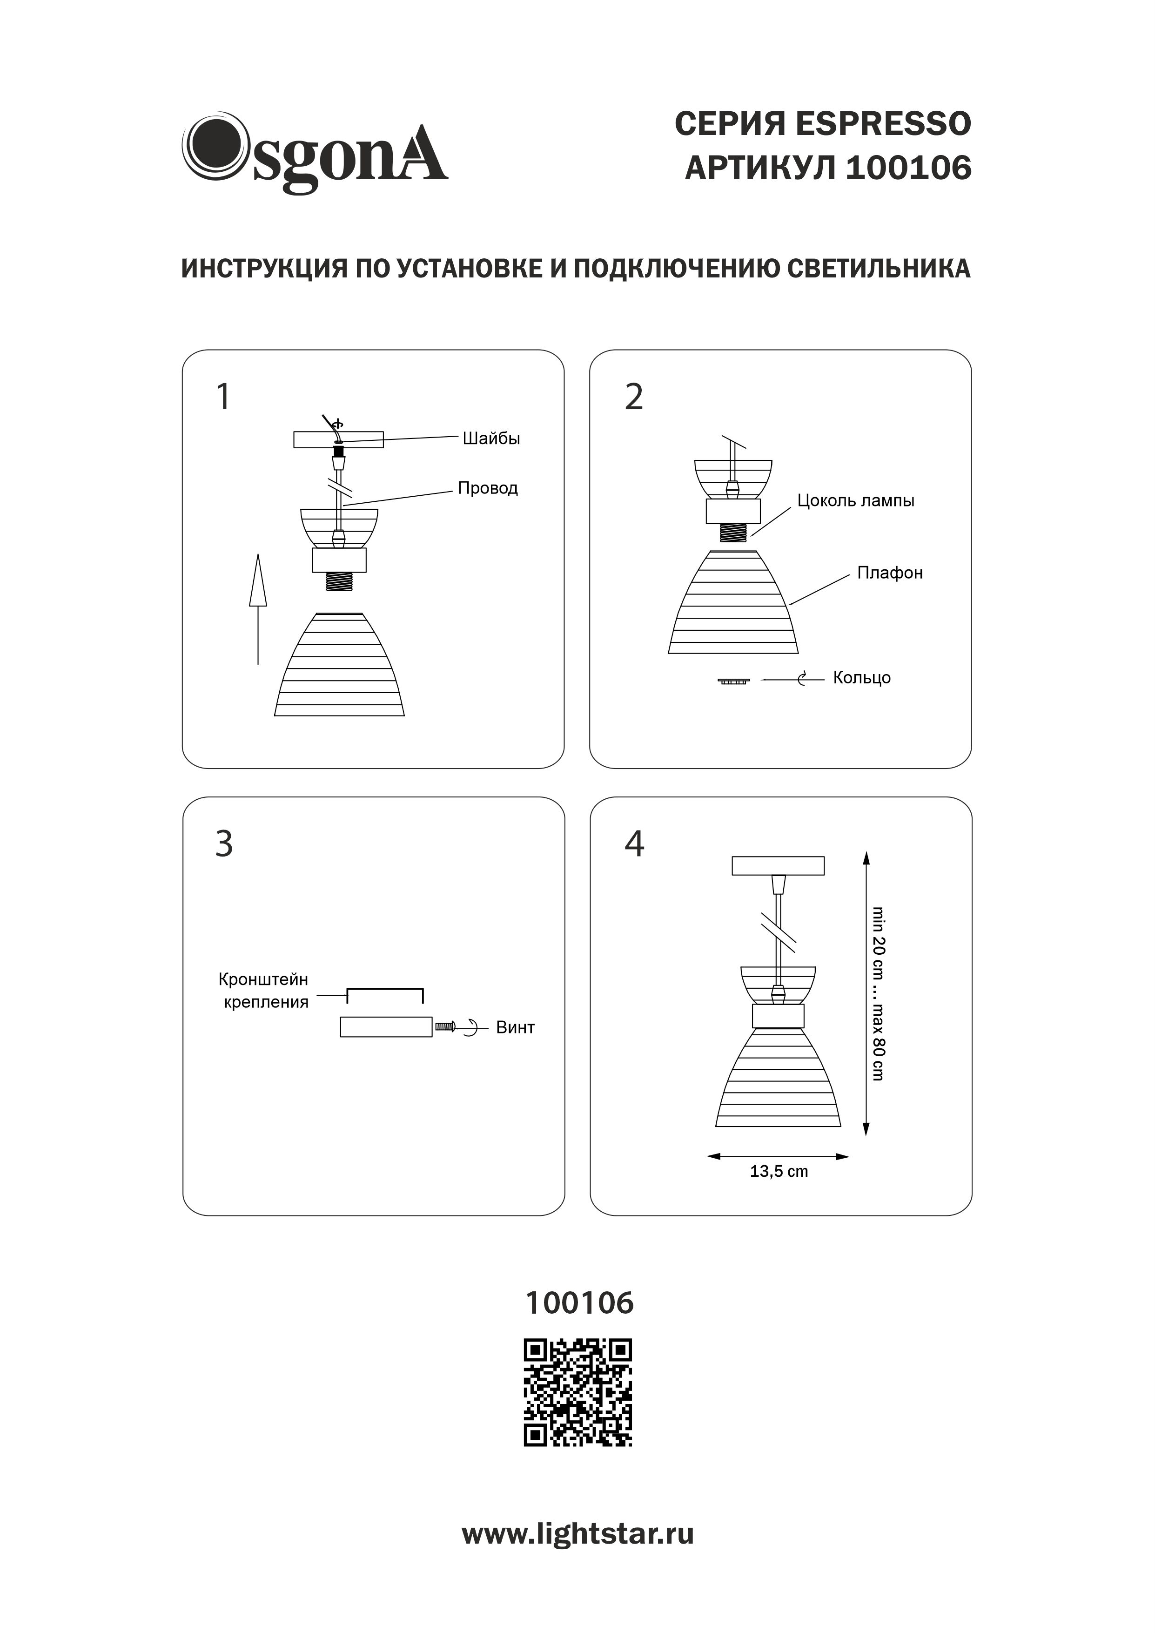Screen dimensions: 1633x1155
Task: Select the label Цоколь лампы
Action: click(x=856, y=501)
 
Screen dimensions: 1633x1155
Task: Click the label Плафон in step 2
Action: click(x=890, y=573)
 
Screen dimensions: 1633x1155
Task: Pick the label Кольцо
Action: click(x=862, y=678)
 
